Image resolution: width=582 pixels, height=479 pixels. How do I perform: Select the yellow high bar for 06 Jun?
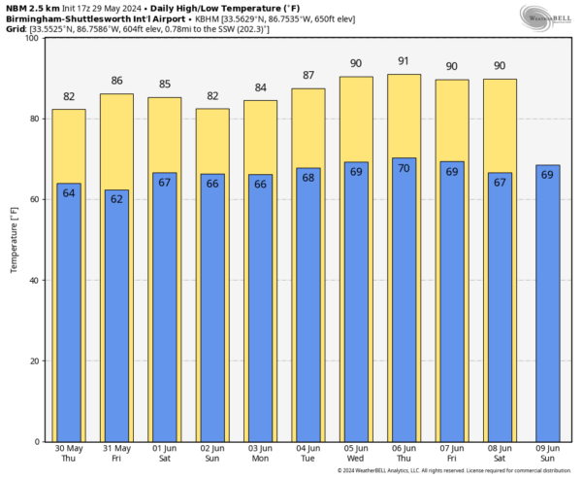pyautogui.click(x=404, y=117)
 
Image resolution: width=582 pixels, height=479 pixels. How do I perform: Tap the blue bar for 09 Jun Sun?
pyautogui.click(x=548, y=311)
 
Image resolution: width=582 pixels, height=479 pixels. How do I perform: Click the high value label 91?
pyautogui.click(x=404, y=61)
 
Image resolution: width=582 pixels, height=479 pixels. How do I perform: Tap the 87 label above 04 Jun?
pyautogui.click(x=307, y=76)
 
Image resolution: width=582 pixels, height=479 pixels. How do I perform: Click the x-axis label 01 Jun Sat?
pyautogui.click(x=164, y=455)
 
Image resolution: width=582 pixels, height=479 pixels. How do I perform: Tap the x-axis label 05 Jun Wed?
pyautogui.click(x=356, y=455)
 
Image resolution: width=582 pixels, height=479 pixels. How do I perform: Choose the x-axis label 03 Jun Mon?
pyautogui.click(x=260, y=455)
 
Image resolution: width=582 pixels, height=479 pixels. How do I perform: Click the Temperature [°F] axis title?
pyautogui.click(x=14, y=239)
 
